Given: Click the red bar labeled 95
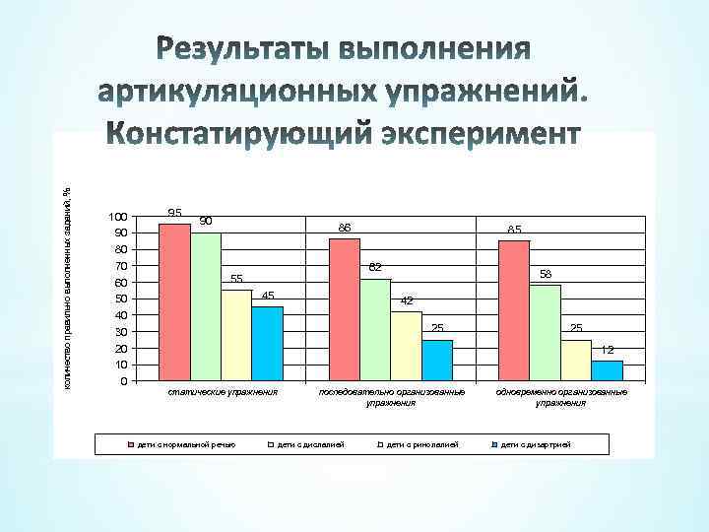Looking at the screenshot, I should click(x=174, y=301).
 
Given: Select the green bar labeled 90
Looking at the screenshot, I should click(x=206, y=306).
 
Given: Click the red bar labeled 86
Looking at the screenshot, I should click(x=345, y=309).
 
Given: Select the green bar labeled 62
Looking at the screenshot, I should click(x=375, y=329).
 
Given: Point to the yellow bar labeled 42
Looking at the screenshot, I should click(x=406, y=346).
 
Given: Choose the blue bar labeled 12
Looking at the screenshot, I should click(x=607, y=370).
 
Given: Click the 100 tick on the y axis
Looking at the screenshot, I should click(x=117, y=217).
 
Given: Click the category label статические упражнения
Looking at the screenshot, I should click(x=223, y=392).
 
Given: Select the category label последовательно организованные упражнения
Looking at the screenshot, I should click(x=391, y=397).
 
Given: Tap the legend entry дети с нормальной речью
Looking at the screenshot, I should click(x=186, y=445).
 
